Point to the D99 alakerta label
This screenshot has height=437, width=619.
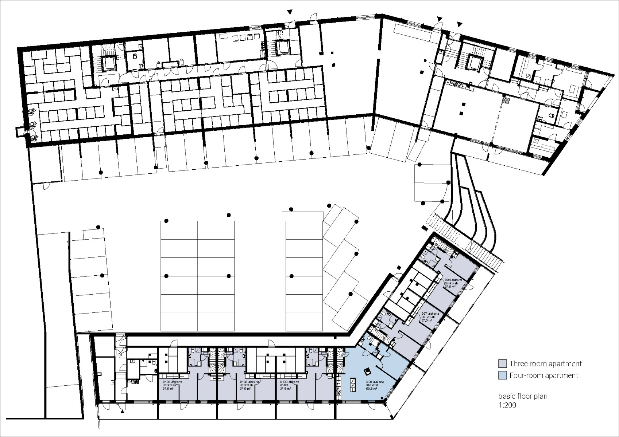coord(375,382)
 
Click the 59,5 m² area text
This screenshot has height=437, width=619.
coord(372,389)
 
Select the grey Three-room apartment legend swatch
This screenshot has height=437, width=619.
coord(502,363)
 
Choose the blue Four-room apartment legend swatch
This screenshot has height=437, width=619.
coord(502,375)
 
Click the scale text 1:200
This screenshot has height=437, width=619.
coord(507,405)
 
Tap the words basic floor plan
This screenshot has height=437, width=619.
coord(523,396)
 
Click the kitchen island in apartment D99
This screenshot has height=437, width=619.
coord(353,383)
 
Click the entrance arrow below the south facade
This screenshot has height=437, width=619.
coord(122,412)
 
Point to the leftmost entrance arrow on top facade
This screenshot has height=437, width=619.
coord(290,12)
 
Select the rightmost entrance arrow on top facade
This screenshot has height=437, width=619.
coord(459,24)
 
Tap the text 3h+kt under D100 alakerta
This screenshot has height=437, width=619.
coord(285,385)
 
